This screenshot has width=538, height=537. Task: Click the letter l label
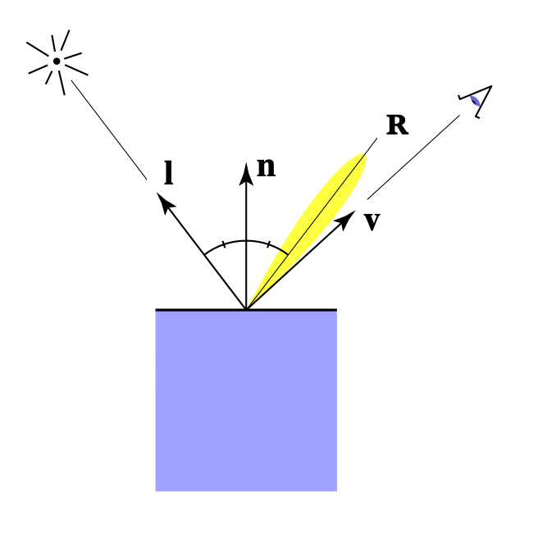click(168, 174)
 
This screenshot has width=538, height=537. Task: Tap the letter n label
click(266, 167)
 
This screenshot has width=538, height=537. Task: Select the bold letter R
click(397, 125)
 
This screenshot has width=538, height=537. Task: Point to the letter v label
click(372, 221)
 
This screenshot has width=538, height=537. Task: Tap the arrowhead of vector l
click(164, 199)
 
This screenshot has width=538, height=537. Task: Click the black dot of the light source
click(57, 61)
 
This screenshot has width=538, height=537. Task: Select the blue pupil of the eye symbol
click(475, 100)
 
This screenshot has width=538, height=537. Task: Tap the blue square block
click(246, 402)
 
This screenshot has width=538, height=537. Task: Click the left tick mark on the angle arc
click(224, 244)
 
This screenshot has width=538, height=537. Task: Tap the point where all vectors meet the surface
click(246, 309)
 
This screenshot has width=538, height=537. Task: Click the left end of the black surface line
click(157, 310)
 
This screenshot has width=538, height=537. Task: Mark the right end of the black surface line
click(335, 310)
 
